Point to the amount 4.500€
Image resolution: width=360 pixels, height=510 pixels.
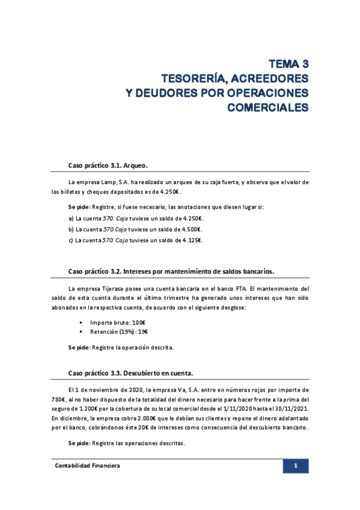point(191,229)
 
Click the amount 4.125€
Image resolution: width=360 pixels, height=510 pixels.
point(191,240)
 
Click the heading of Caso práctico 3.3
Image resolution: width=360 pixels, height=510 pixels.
point(132,373)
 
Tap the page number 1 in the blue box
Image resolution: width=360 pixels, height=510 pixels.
point(296,466)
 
